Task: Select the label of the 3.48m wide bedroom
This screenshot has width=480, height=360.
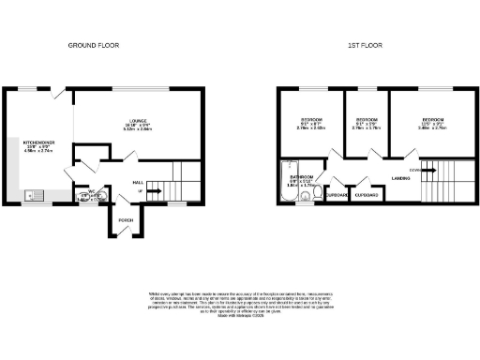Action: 432,121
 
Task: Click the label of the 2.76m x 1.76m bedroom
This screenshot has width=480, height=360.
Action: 366,121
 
